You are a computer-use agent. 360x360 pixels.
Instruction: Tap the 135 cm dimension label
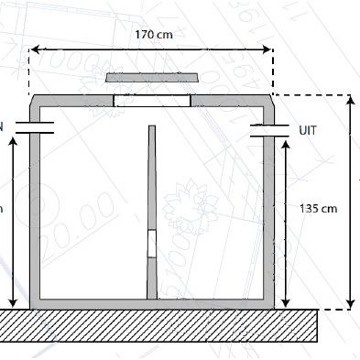click(x=318, y=209)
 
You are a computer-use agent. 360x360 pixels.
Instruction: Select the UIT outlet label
click(x=308, y=131)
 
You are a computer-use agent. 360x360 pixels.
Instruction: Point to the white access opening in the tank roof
click(x=151, y=101)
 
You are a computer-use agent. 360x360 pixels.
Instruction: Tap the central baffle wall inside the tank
click(x=153, y=183)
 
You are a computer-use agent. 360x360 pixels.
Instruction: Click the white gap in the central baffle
click(x=153, y=245)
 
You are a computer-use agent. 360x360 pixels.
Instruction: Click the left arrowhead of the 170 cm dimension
click(x=34, y=50)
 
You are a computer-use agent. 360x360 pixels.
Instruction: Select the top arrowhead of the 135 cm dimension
click(x=289, y=144)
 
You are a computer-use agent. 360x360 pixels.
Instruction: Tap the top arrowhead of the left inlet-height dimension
click(x=13, y=144)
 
